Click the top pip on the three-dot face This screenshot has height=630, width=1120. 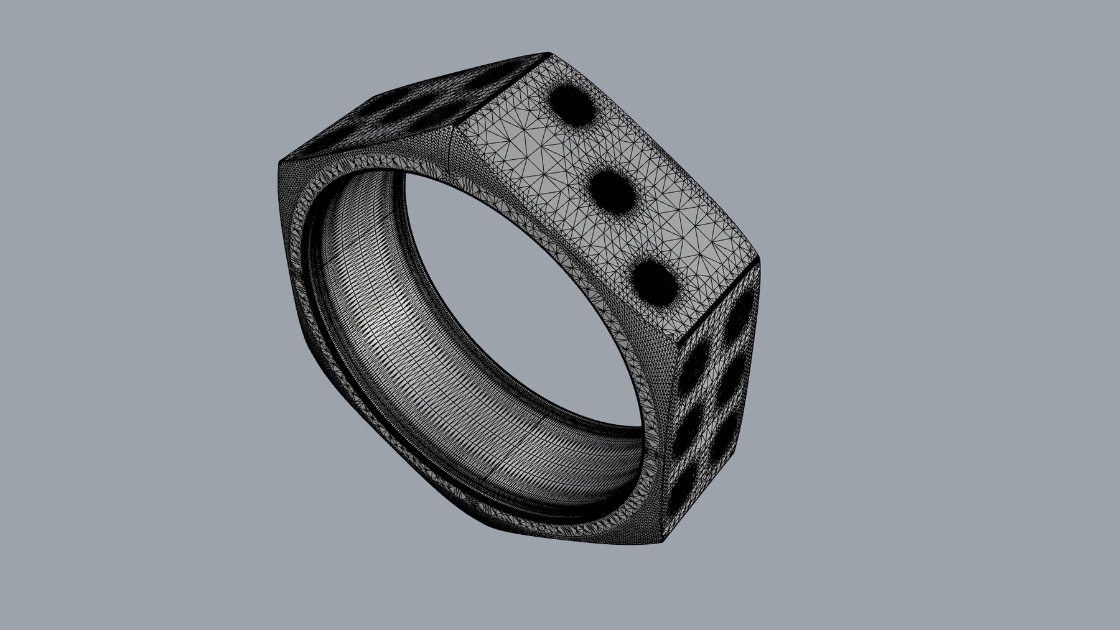click(x=572, y=103)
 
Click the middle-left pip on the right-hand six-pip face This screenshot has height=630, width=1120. click(x=689, y=428)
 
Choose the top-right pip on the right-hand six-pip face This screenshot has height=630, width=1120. click(x=740, y=317)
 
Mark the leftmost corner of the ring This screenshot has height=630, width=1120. click(x=279, y=163)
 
